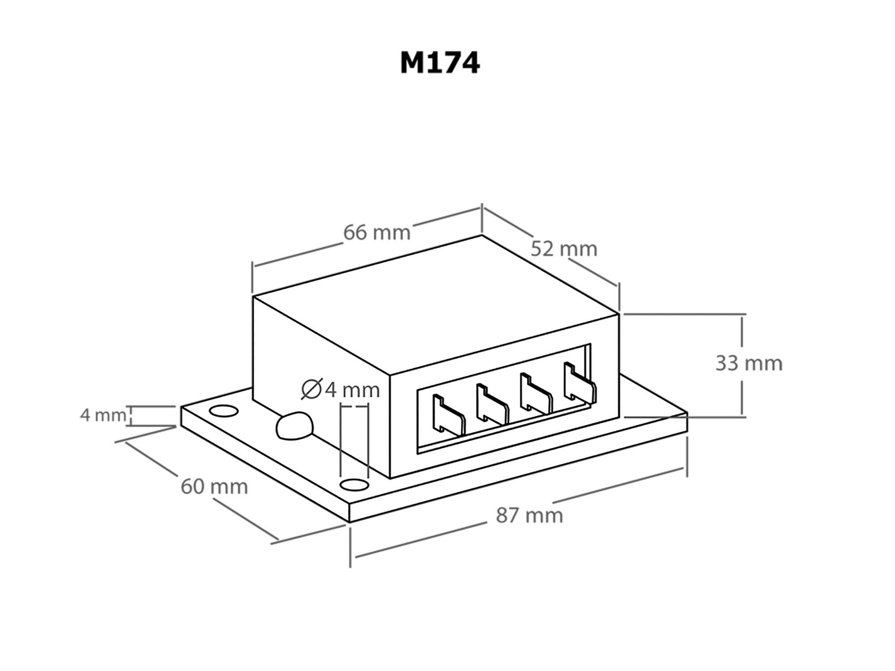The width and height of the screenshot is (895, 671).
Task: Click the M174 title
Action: [440, 63]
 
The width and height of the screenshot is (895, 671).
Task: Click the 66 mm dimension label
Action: [377, 233]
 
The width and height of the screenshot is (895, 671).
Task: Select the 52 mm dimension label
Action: [564, 249]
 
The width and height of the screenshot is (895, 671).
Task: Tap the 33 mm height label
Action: [749, 363]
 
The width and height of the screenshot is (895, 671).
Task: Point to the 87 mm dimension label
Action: [529, 515]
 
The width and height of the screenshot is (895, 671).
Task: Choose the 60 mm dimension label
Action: [214, 487]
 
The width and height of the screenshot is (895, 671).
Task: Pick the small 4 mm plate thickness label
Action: [103, 415]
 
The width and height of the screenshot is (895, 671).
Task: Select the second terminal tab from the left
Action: [492, 404]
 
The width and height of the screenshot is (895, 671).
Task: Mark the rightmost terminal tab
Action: [579, 382]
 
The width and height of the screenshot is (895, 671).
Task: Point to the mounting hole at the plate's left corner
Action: [223, 411]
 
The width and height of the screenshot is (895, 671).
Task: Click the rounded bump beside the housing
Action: [294, 425]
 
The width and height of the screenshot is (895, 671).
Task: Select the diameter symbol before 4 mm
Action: [312, 389]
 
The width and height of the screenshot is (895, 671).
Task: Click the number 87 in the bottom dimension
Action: [507, 515]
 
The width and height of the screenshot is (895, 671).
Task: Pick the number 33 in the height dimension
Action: [727, 363]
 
